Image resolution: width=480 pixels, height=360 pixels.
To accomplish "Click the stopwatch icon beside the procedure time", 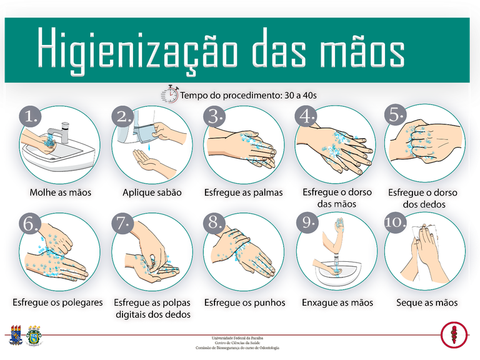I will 170,94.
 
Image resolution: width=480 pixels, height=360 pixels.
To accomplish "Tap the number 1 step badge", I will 29,117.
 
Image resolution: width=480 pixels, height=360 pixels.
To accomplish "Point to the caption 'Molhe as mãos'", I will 61,192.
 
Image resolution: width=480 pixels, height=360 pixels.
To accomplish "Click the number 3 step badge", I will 216,116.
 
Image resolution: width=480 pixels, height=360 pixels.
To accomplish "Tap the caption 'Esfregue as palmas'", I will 244,192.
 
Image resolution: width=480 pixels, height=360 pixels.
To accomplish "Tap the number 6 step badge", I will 29,224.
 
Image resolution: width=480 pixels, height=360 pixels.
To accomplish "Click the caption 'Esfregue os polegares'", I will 57,302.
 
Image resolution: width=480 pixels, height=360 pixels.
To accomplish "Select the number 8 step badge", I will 216,224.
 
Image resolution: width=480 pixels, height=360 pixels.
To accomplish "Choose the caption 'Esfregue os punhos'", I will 244,302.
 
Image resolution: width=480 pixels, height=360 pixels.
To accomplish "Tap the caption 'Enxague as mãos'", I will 337,302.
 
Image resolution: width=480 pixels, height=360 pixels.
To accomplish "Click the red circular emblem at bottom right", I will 454,335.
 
